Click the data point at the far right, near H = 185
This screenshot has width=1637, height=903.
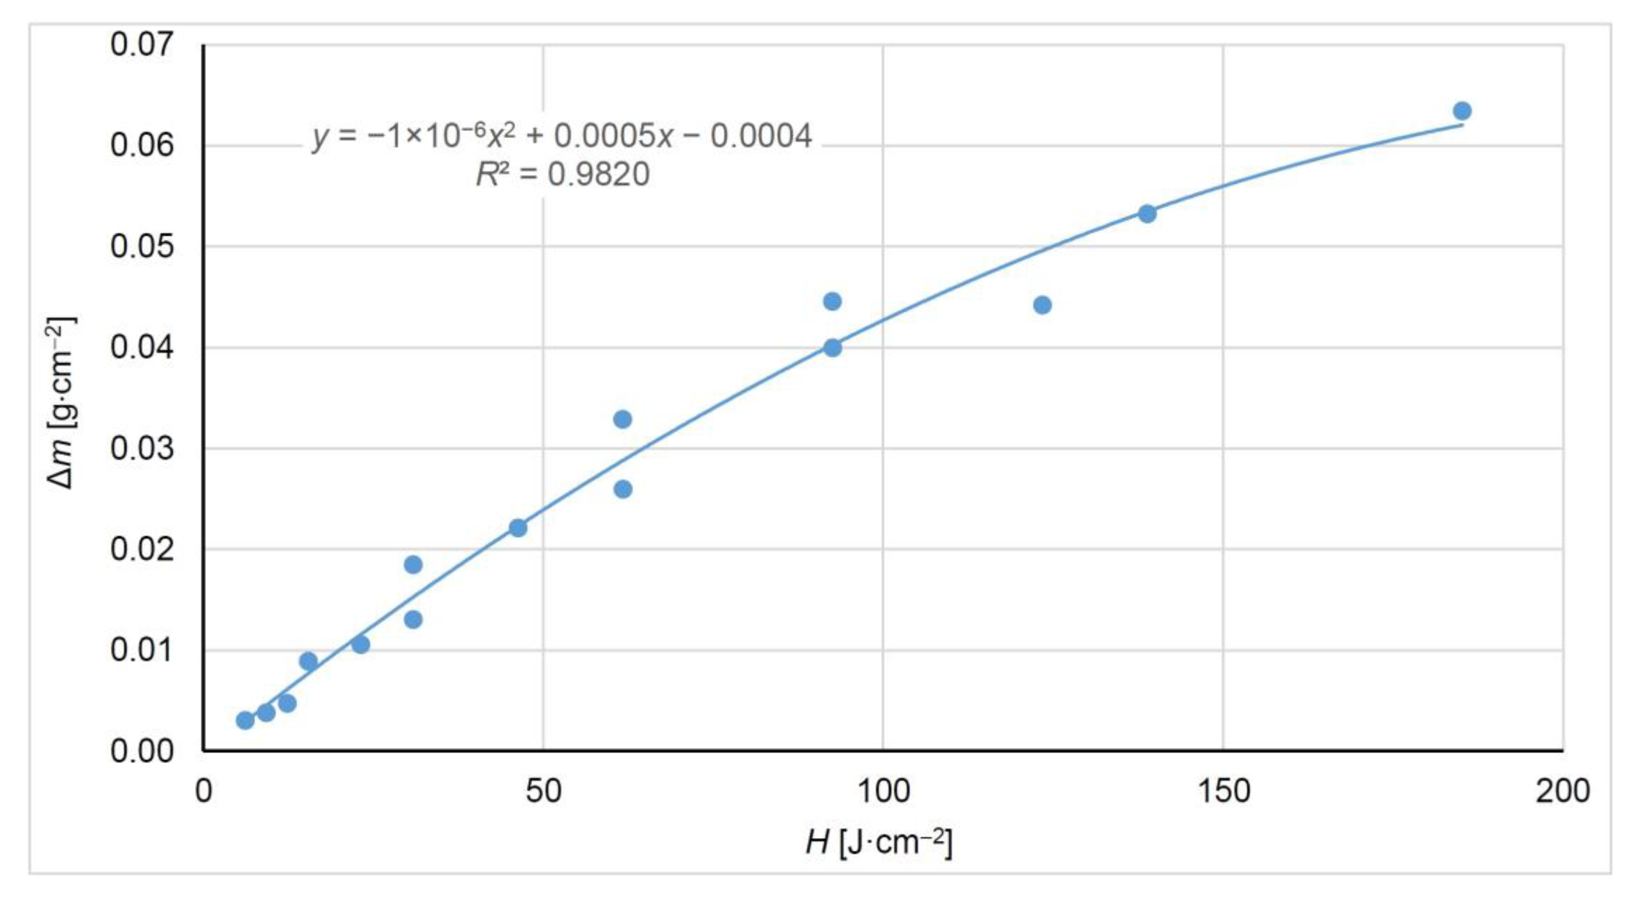point(1462,111)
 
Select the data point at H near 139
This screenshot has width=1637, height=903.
point(1147,214)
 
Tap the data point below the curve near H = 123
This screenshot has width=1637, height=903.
point(1042,305)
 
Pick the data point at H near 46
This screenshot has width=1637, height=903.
point(518,528)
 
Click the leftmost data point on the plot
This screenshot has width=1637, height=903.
point(245,720)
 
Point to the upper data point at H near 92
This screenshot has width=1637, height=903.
point(832,301)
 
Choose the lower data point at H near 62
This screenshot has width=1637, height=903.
point(623,489)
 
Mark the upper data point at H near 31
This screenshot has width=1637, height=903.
point(413,564)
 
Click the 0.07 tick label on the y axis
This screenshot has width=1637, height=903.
point(141,45)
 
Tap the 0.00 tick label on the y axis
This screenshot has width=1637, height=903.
point(141,752)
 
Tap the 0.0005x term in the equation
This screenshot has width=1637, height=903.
point(613,136)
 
